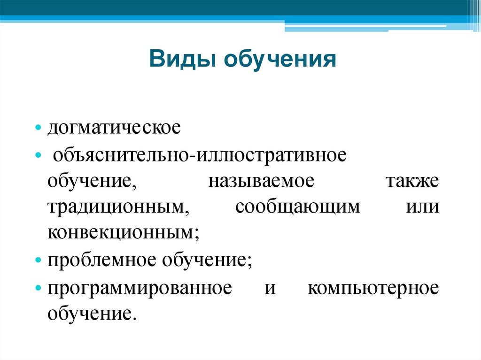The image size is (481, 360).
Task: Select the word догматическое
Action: click(x=114, y=128)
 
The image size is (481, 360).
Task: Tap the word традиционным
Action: click(x=117, y=207)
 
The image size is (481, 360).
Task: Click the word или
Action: click(x=422, y=207)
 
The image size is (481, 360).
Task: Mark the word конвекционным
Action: click(x=123, y=233)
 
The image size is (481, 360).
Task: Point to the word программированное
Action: click(x=140, y=287)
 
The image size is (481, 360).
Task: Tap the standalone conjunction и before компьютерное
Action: click(x=269, y=287)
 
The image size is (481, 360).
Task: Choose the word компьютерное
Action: click(x=373, y=287)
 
